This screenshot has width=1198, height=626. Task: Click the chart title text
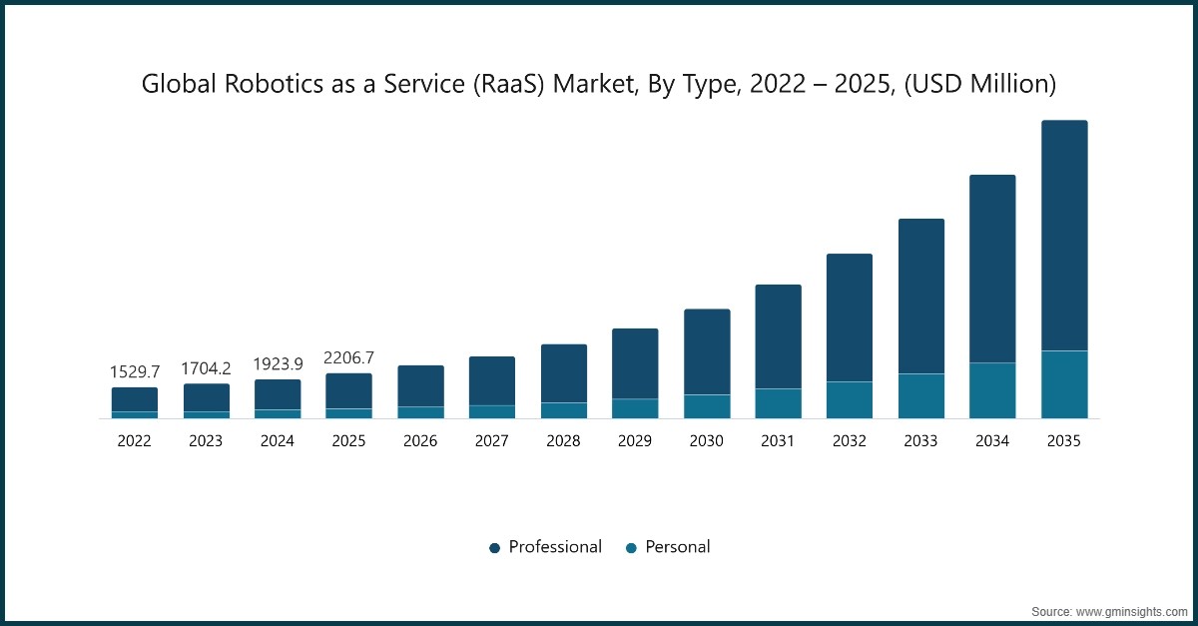[599, 84]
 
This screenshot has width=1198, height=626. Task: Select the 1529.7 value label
[135, 371]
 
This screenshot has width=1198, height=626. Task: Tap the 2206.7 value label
[348, 357]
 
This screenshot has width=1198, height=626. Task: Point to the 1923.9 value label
[278, 363]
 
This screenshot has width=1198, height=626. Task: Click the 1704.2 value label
[206, 368]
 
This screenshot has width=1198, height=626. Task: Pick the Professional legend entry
[545, 547]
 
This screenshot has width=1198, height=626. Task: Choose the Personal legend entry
[668, 547]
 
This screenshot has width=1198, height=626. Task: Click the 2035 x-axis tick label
[1064, 441]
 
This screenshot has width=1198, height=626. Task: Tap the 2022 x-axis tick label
[134, 441]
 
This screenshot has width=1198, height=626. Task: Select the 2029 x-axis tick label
[635, 441]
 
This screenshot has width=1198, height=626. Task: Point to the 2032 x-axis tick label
[850, 441]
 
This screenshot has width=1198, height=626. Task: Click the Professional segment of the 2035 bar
[1064, 236]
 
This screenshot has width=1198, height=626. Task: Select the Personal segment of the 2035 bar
[1064, 384]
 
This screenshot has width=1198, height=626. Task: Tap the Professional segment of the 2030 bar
[707, 352]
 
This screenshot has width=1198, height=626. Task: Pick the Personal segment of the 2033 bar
[921, 396]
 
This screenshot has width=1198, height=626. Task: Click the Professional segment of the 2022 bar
[135, 399]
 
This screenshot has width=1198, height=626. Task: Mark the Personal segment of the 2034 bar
[992, 390]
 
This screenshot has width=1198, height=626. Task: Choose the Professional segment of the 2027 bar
[492, 381]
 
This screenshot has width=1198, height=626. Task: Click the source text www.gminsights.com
[1130, 612]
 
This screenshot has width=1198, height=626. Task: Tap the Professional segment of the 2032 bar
[850, 317]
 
